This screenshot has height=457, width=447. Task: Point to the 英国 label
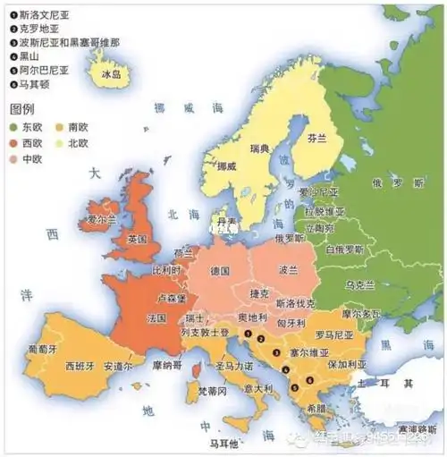[x=137, y=240]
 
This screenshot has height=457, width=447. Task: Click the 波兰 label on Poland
[x=287, y=268]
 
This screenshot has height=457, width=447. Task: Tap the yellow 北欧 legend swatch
[x=59, y=143]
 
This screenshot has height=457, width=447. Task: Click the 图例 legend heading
[x=21, y=108]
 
